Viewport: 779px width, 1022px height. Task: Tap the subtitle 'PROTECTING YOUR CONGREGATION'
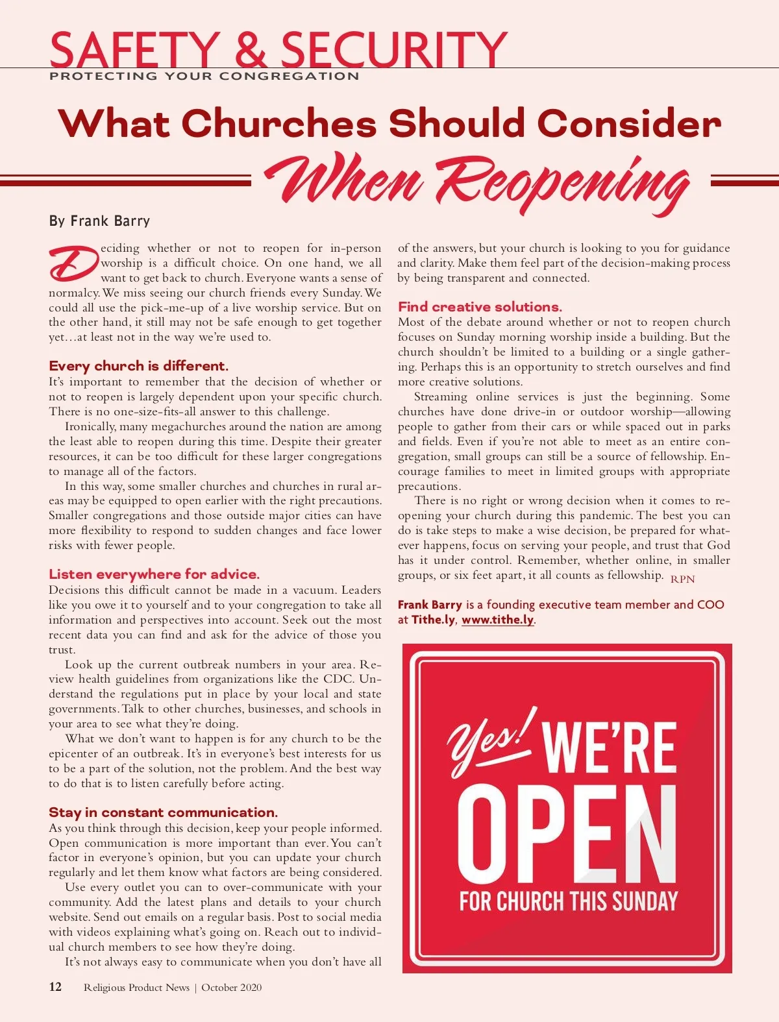(204, 76)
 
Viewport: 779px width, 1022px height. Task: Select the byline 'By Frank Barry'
(99, 221)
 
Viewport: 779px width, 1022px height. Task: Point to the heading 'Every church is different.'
(138, 366)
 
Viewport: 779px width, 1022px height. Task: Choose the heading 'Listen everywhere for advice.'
(154, 574)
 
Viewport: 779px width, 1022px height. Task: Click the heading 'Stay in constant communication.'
(163, 812)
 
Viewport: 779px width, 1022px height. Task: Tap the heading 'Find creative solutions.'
(480, 307)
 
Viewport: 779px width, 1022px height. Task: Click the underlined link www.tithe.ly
(497, 620)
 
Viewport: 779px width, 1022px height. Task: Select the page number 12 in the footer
(55, 987)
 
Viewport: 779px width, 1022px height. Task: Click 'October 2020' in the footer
(232, 988)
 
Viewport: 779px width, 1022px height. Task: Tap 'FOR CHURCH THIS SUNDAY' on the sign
(568, 901)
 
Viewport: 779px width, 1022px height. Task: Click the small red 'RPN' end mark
(682, 579)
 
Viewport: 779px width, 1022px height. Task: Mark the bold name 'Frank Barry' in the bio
(430, 605)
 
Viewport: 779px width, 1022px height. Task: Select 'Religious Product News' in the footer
(136, 988)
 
